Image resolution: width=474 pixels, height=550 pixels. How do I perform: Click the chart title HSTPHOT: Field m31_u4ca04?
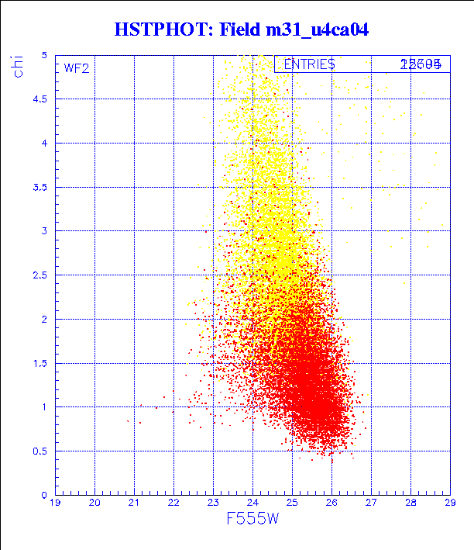pyautogui.click(x=241, y=30)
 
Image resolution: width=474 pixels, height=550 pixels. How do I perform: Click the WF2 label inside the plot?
pyautogui.click(x=77, y=68)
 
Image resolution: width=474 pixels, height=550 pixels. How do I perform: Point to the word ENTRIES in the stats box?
pyautogui.click(x=309, y=64)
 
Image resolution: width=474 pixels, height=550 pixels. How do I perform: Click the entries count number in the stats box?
pyautogui.click(x=421, y=64)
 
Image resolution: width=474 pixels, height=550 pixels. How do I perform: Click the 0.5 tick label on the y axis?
pyautogui.click(x=41, y=451)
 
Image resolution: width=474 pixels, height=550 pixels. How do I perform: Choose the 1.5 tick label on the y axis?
pyautogui.click(x=41, y=363)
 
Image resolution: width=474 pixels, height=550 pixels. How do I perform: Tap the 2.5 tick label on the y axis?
pyautogui.click(x=41, y=275)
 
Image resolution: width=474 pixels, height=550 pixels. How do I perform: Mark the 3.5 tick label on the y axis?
pyautogui.click(x=41, y=187)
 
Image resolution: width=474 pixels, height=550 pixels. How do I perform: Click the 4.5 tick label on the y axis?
pyautogui.click(x=41, y=99)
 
